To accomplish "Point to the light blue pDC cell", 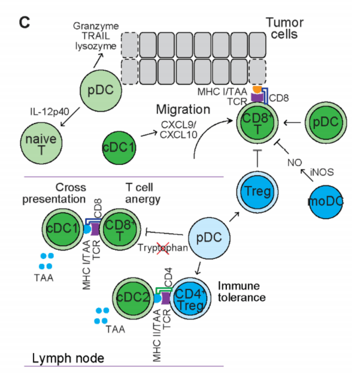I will (213, 237).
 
